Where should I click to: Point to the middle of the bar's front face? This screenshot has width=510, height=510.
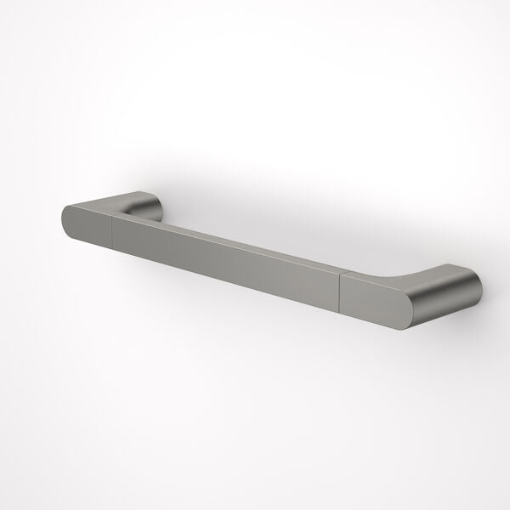(225, 260)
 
